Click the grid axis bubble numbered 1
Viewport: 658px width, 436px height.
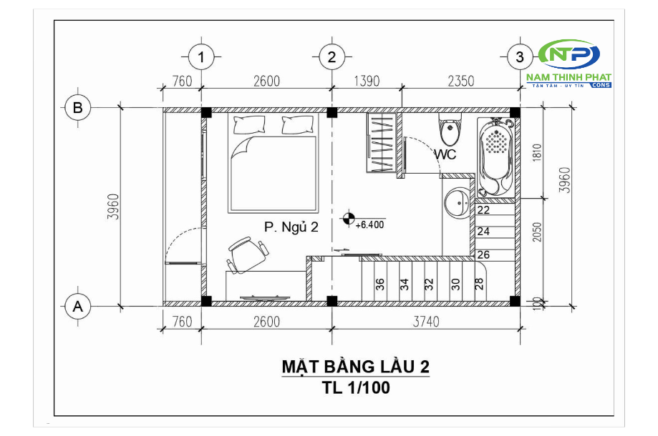(x=202, y=56)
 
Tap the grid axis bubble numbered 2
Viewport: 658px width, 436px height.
(x=332, y=56)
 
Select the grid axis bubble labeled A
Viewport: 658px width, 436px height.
(x=77, y=307)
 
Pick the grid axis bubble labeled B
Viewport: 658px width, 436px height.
(x=77, y=108)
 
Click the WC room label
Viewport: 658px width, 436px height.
(x=445, y=153)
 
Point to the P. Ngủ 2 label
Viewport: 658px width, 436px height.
(x=290, y=227)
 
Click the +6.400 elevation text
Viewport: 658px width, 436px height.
(x=370, y=224)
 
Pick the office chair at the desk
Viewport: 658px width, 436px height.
(x=246, y=254)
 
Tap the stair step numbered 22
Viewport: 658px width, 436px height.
(x=483, y=210)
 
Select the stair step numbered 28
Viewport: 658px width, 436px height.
(x=478, y=284)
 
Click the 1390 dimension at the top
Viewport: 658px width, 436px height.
(x=366, y=81)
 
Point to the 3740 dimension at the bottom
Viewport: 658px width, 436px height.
(x=426, y=322)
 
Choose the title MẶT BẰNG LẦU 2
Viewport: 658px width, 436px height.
(x=355, y=367)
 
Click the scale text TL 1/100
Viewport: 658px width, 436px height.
(x=355, y=387)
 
